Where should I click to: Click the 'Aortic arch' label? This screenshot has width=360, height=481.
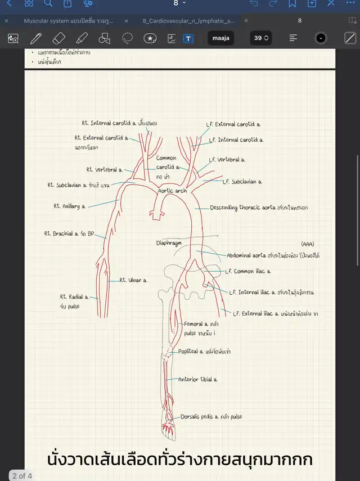click(x=172, y=191)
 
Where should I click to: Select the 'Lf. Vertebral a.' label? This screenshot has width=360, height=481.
click(x=227, y=160)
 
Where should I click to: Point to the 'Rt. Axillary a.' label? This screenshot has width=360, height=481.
click(x=70, y=206)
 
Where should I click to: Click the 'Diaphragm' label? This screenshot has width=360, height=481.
click(x=170, y=244)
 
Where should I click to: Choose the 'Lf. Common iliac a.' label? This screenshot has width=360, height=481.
click(x=247, y=271)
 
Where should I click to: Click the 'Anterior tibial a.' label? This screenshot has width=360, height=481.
click(x=197, y=379)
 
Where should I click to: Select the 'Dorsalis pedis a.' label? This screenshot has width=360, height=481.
click(x=202, y=417)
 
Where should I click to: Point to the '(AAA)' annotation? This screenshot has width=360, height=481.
click(x=307, y=244)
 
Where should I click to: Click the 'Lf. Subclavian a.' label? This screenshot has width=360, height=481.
click(x=242, y=182)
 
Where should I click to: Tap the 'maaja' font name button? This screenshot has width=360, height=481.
click(x=220, y=38)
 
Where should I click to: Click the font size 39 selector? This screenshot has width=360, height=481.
click(x=260, y=38)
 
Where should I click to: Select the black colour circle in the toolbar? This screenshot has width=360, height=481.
click(x=321, y=38)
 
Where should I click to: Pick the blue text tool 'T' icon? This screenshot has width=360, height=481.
click(x=188, y=38)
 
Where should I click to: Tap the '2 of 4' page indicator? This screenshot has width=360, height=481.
click(x=22, y=476)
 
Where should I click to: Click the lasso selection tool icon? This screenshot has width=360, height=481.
click(x=128, y=38)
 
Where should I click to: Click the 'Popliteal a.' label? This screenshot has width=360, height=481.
click(x=195, y=352)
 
